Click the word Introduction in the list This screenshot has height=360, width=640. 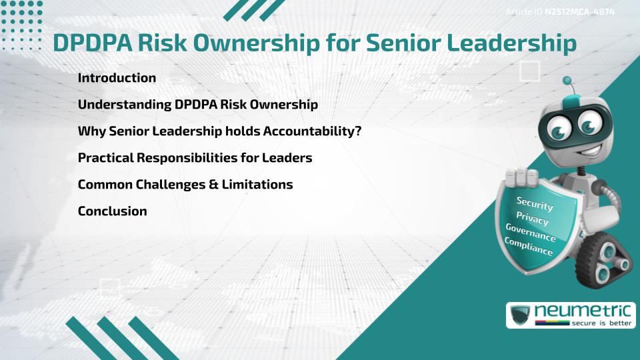(x=117, y=78)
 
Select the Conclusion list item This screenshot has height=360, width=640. (x=112, y=211)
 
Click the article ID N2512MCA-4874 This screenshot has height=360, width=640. (x=579, y=12)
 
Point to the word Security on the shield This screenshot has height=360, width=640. (x=535, y=203)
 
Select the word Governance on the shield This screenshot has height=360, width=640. (x=531, y=233)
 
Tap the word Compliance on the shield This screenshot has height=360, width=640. (x=529, y=247)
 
